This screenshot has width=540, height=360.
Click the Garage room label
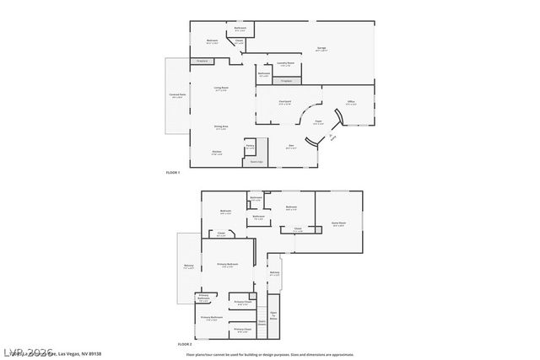tap(321, 49)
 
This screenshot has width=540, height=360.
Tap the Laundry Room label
tap(286, 63)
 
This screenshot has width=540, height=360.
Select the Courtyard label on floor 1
tap(285, 102)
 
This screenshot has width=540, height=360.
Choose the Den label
tap(290, 147)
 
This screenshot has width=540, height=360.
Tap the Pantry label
tap(250, 147)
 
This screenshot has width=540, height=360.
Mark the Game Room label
tap(339, 224)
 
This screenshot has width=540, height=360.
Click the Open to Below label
tap(273, 313)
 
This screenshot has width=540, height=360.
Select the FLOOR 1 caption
tap(173, 172)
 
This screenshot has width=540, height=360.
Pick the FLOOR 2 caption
tap(185, 344)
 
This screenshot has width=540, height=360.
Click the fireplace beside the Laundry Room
tap(288, 80)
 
